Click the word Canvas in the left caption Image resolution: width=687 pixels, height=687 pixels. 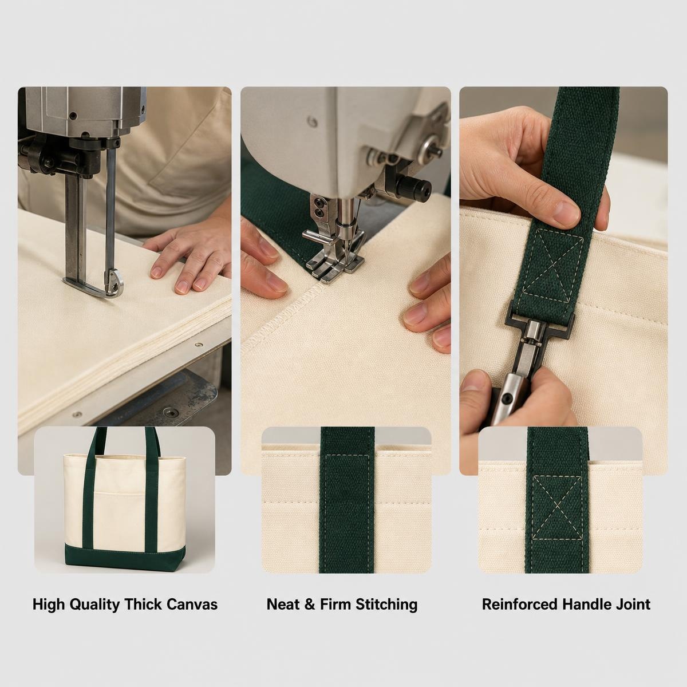click(x=192, y=605)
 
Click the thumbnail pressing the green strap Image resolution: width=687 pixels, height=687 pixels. click(x=567, y=212)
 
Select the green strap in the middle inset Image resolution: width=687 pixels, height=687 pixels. click(x=348, y=499)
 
